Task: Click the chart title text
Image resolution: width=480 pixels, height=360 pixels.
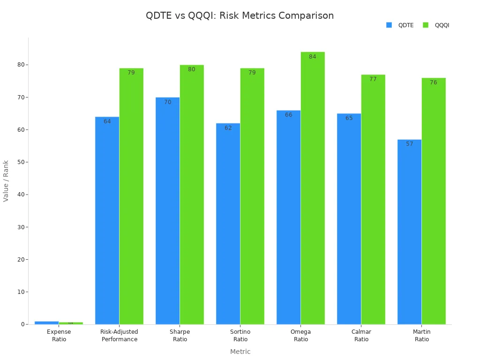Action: (240, 15)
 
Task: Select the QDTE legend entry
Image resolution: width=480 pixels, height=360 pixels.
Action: (400, 25)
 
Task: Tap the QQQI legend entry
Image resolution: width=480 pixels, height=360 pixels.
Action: (436, 25)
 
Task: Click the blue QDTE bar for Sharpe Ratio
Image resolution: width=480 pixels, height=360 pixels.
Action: (167, 211)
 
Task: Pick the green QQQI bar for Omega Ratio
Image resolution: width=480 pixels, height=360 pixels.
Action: (313, 188)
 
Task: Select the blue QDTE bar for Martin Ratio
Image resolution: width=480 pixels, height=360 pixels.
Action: (409, 232)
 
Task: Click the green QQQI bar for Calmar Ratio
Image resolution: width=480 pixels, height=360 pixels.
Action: (373, 199)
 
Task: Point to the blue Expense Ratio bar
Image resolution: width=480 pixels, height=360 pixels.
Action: (46, 322)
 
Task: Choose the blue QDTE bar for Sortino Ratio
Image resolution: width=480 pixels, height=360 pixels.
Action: (228, 224)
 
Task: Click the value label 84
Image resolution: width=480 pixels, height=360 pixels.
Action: (313, 57)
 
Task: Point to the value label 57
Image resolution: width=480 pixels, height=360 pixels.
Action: (410, 144)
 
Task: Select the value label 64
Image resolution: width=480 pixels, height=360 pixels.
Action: (107, 121)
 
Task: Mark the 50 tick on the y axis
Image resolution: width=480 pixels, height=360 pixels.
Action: (21, 162)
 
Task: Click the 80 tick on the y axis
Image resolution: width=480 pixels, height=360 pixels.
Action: (21, 65)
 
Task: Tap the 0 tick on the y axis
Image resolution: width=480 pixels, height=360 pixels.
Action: (22, 324)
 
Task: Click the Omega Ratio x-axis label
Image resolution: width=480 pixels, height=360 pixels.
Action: (301, 336)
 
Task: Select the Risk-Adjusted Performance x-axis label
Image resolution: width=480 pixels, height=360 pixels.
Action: (120, 336)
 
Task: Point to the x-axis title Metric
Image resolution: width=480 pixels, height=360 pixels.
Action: (240, 352)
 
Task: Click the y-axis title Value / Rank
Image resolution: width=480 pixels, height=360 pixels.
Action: (6, 181)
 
